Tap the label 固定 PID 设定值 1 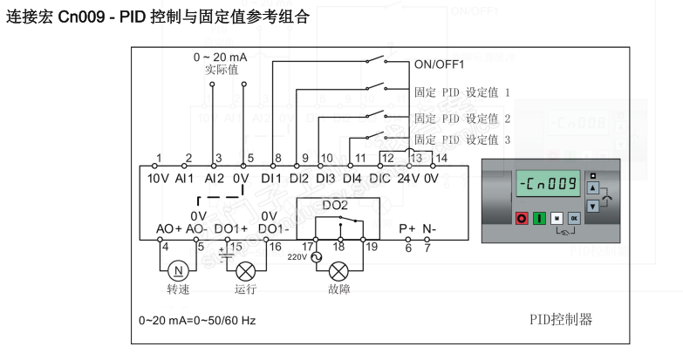tap(461, 91)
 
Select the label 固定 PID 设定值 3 tap(461, 139)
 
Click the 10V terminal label tap(157, 178)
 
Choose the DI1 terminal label tap(272, 178)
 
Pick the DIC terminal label tap(380, 178)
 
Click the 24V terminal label tap(409, 178)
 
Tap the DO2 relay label tap(337, 205)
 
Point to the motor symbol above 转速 tap(179, 270)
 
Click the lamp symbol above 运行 tap(245, 270)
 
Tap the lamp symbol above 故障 tap(340, 270)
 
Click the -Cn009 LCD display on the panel tap(546, 185)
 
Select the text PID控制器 tap(561, 320)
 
